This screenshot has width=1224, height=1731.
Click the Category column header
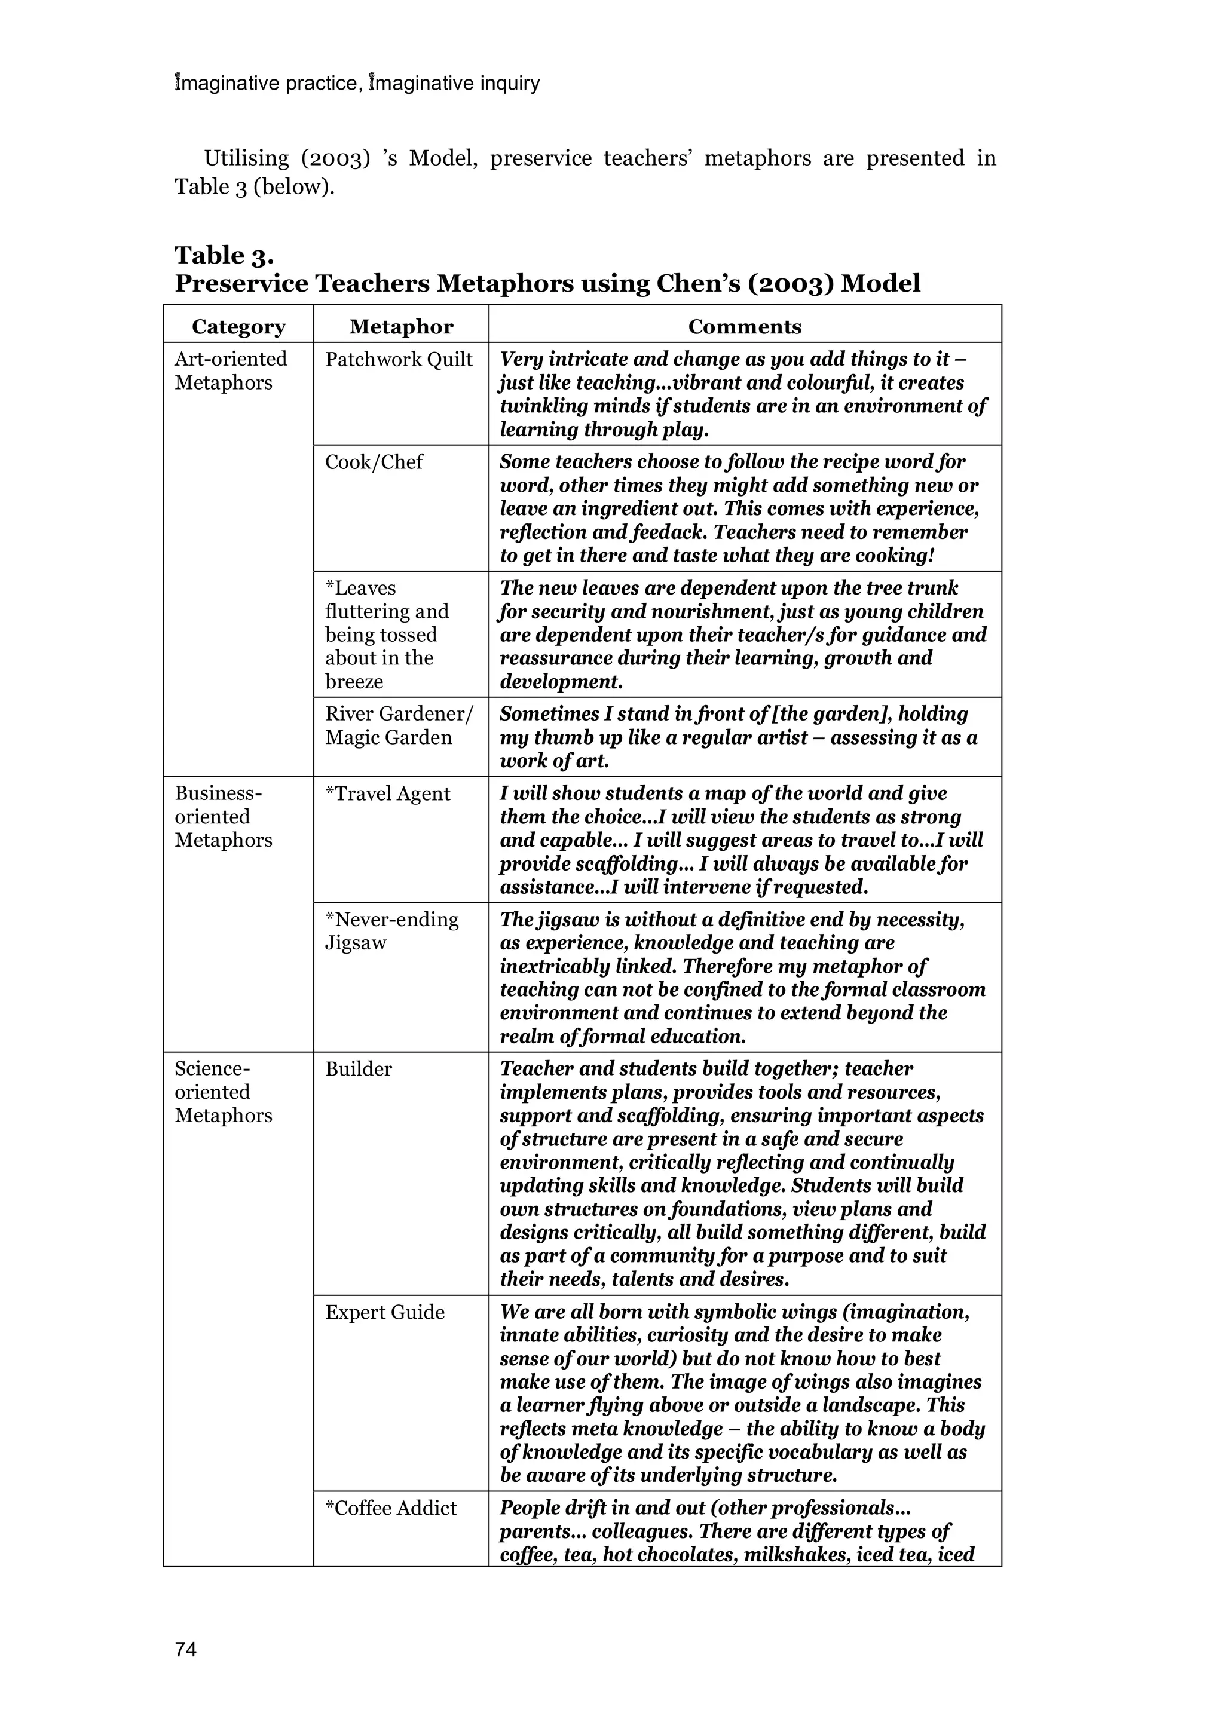pyautogui.click(x=238, y=326)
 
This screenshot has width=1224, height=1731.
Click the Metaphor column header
pyautogui.click(x=401, y=326)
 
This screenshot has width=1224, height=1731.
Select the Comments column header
pyautogui.click(x=744, y=326)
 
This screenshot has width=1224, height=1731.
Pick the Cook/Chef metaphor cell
pyautogui.click(x=374, y=462)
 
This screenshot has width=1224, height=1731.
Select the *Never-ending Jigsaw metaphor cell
pyautogui.click(x=391, y=931)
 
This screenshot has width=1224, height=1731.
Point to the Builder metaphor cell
pyautogui.click(x=358, y=1069)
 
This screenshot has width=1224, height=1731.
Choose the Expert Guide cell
pyautogui.click(x=385, y=1313)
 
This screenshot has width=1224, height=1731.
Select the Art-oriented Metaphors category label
pyautogui.click(x=230, y=371)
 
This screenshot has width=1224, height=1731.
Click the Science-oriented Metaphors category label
pyautogui.click(x=224, y=1092)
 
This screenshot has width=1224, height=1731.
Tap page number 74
pyautogui.click(x=185, y=1650)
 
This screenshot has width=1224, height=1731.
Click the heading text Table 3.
pyautogui.click(x=224, y=256)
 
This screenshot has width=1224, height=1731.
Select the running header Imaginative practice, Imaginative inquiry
pyautogui.click(x=357, y=83)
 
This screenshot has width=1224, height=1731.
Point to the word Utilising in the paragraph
pyautogui.click(x=247, y=158)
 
